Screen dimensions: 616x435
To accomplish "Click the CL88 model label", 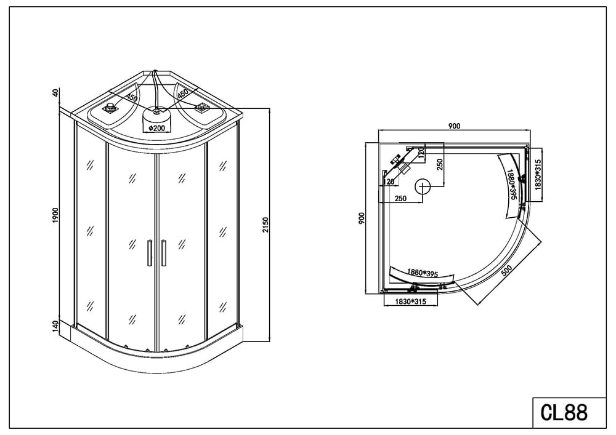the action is (x=564, y=412).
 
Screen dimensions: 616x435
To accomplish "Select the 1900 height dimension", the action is (x=55, y=216).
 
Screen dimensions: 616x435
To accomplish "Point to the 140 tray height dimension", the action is (x=55, y=325).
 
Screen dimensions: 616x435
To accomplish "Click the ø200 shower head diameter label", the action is (x=156, y=128).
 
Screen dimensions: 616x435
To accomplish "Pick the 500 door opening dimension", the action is (x=506, y=270).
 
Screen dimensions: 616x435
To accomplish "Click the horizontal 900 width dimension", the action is (x=454, y=126).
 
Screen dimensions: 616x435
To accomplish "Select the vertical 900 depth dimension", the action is (x=362, y=218).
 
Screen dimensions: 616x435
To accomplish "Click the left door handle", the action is (x=150, y=253).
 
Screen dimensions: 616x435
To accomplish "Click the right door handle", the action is (x=163, y=253).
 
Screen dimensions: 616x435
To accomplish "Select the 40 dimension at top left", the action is (x=55, y=93).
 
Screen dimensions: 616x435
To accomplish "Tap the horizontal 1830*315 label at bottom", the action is (x=410, y=301).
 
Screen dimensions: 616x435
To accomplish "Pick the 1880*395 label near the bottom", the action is (x=423, y=273).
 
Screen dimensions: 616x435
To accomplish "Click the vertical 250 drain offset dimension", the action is (x=440, y=165).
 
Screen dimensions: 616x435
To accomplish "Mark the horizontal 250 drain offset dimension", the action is (x=400, y=199).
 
